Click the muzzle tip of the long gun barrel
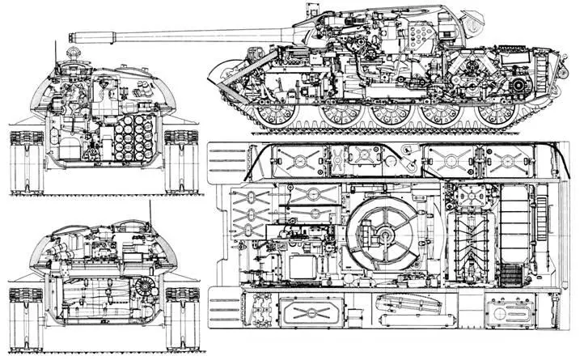pyautogui.click(x=74, y=35)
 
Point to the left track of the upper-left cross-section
pyautogui.click(x=23, y=162)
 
